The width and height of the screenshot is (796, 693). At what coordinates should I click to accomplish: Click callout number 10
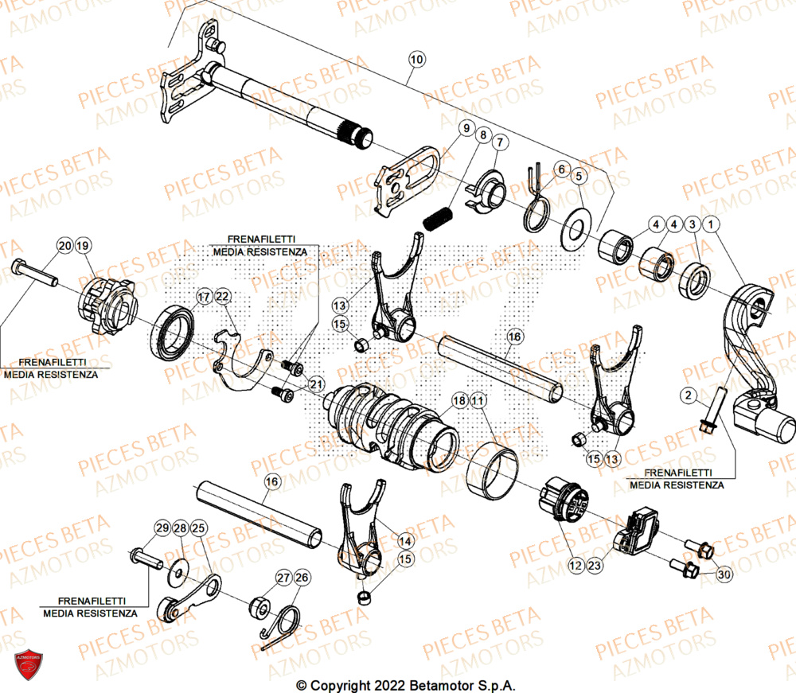[417, 58]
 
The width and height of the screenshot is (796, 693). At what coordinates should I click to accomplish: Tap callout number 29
[162, 528]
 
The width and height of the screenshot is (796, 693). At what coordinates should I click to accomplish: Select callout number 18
[460, 402]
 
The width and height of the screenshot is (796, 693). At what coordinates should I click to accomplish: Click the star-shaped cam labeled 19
[107, 306]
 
